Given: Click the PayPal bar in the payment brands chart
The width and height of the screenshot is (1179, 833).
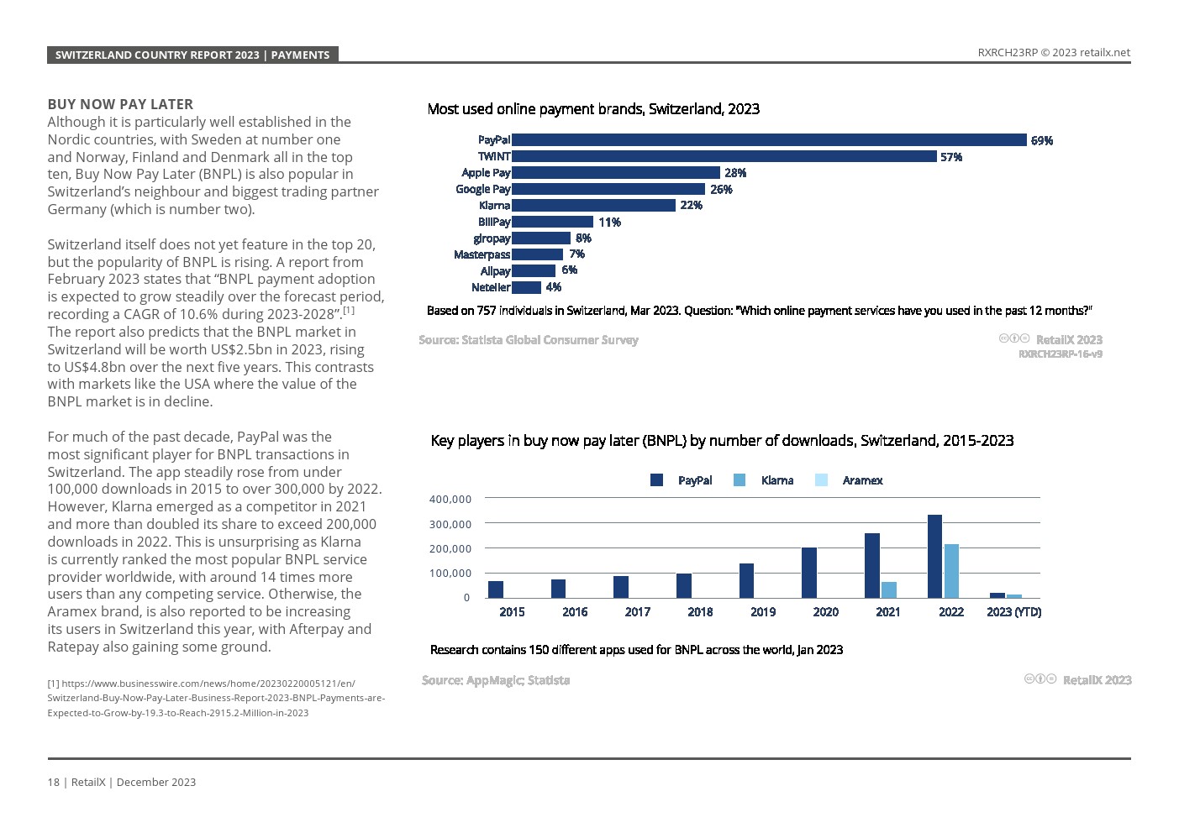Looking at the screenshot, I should click(769, 140).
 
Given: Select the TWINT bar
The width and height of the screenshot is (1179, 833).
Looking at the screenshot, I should click(724, 156).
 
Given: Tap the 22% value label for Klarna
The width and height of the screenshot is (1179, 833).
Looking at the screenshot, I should click(691, 206).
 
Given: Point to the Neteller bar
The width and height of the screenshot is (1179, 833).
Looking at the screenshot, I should click(526, 287).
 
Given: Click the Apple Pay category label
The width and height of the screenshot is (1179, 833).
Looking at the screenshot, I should click(486, 173).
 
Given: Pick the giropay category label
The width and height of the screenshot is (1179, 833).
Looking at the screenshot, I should click(492, 238).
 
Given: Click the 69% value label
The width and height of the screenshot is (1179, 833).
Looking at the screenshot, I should click(1041, 141).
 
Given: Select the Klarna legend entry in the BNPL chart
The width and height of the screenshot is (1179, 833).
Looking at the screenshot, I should click(776, 480).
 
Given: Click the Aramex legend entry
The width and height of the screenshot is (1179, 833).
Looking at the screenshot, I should click(862, 480).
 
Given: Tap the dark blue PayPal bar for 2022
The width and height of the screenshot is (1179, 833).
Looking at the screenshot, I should click(934, 556).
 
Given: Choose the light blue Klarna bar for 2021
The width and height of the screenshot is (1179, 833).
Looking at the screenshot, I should click(888, 589).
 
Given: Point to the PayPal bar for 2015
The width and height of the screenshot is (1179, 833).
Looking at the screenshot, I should click(496, 589).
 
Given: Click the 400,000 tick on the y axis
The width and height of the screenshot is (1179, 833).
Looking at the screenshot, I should click(450, 499).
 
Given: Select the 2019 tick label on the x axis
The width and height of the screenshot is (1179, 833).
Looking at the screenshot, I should click(763, 612).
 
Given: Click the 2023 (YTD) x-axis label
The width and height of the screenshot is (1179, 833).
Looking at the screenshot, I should click(1013, 612).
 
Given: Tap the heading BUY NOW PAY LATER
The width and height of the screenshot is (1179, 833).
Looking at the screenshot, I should click(120, 104).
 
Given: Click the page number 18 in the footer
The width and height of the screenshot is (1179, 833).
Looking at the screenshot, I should click(53, 782).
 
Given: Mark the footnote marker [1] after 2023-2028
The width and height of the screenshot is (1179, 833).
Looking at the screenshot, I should click(349, 311).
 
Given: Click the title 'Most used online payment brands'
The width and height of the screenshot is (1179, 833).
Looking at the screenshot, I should click(593, 109).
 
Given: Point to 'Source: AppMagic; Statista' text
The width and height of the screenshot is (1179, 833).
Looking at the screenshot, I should click(496, 680).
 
